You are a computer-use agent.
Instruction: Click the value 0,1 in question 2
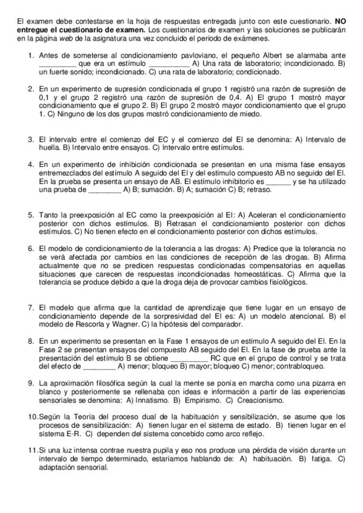[44, 96]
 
